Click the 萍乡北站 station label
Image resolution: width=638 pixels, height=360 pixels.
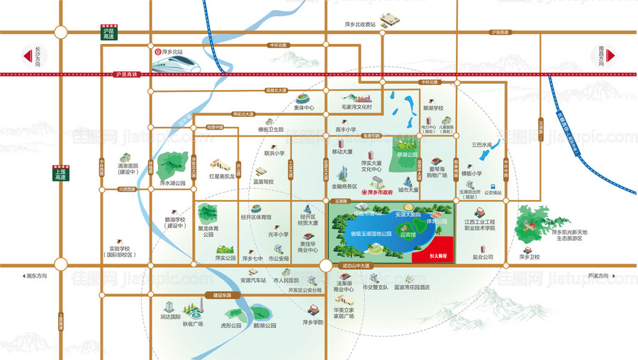pos(173,52)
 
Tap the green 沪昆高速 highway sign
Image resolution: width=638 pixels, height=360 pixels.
pos(108,33)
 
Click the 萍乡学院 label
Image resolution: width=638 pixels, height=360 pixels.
pos(312,323)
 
